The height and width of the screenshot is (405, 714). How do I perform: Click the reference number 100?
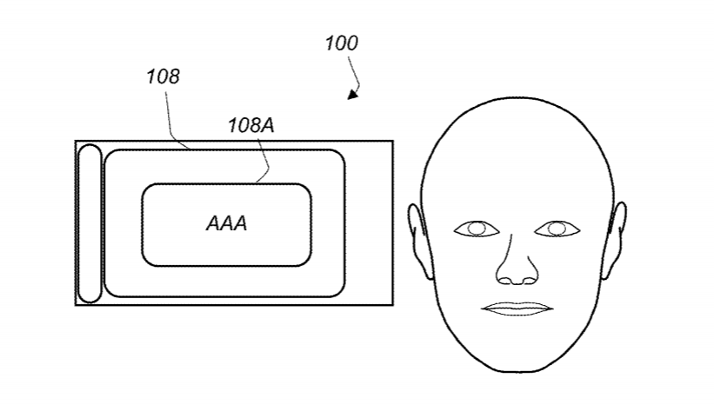point(341,43)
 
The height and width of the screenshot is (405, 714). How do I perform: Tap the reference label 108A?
point(250,125)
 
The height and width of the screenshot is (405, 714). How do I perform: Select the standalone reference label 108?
point(163,76)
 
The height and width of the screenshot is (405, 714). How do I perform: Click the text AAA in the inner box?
point(226,223)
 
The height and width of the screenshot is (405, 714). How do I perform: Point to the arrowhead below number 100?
point(352,94)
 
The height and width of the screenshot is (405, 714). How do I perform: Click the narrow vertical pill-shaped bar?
point(90,223)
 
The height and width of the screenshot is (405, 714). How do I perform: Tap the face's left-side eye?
point(477,229)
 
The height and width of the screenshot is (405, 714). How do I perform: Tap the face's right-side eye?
point(556,229)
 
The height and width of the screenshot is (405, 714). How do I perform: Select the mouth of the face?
point(517,309)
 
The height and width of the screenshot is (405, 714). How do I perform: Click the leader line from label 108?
point(170,122)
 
